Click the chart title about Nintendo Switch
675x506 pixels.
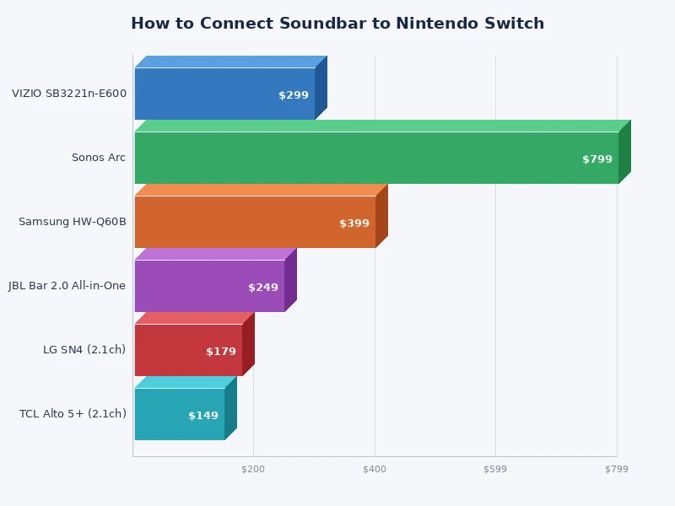pyautogui.click(x=337, y=24)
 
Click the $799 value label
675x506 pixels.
pyautogui.click(x=597, y=159)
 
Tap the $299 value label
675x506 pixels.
pyautogui.click(x=294, y=95)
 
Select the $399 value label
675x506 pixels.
pyautogui.click(x=354, y=223)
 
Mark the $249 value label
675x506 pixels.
pyautogui.click(x=263, y=288)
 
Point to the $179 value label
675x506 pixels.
pyautogui.click(x=221, y=352)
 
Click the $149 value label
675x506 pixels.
pyautogui.click(x=203, y=416)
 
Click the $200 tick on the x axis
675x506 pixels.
pyautogui.click(x=253, y=469)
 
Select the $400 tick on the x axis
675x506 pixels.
pyautogui.click(x=375, y=469)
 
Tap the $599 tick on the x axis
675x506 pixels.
pyautogui.click(x=495, y=469)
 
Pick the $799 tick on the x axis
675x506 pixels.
pyautogui.click(x=617, y=469)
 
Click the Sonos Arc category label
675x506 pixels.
pyautogui.click(x=99, y=158)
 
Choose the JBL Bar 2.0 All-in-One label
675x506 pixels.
pyautogui.click(x=67, y=286)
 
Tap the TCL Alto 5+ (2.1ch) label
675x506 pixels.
pyautogui.click(x=73, y=414)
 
